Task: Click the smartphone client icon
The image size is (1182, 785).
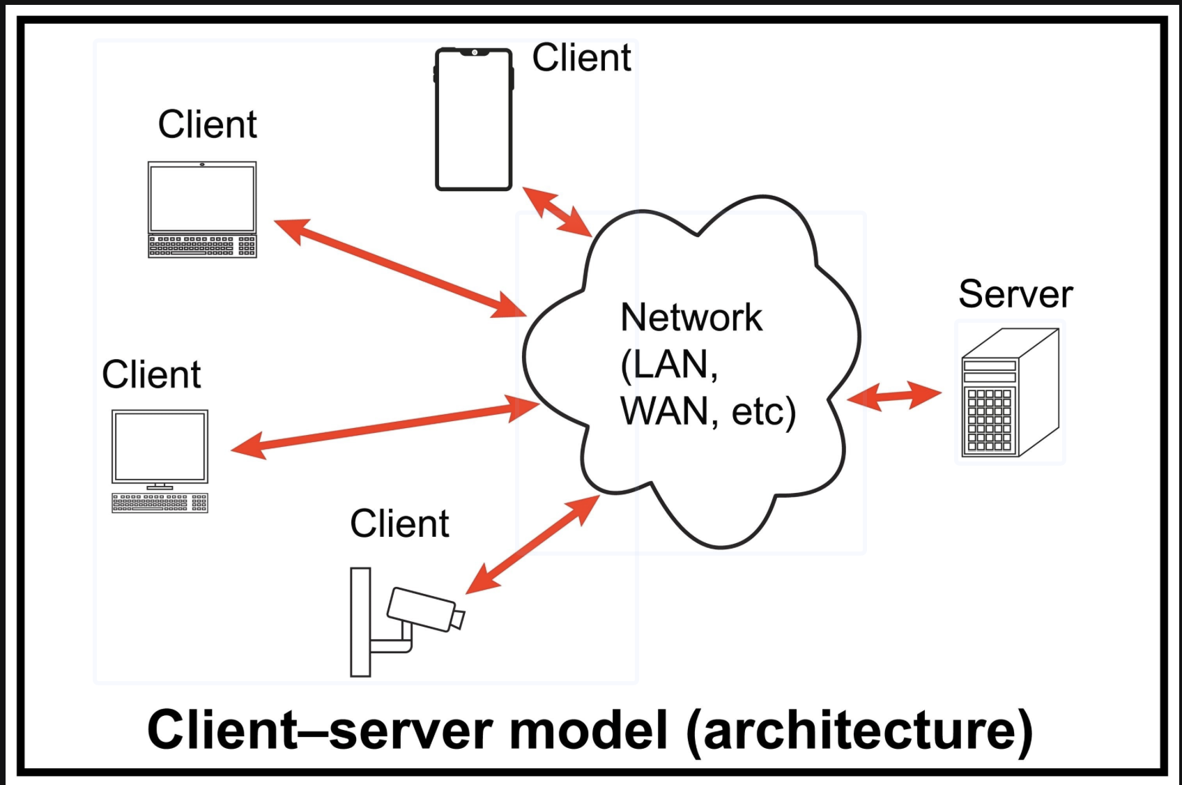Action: pos(474,119)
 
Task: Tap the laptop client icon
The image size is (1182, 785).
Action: pos(202,209)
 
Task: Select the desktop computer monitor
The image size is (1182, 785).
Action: pos(160,445)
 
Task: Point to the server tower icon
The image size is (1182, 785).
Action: pos(1010,393)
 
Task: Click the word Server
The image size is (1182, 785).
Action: pos(1015,294)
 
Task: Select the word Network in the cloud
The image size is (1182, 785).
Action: pos(691,318)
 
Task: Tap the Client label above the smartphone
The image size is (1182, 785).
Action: pos(581,57)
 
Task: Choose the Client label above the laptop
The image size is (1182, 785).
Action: pos(207,124)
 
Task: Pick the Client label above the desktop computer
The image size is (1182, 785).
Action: pos(151,374)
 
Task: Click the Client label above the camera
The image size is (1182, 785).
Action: pos(399,524)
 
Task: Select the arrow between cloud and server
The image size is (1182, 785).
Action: pos(893,396)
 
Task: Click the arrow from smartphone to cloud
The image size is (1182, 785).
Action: pos(557,211)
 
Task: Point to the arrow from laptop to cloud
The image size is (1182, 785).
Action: pos(400,268)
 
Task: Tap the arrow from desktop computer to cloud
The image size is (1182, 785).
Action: pos(385,425)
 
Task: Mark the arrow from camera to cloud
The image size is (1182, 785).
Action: pos(532,544)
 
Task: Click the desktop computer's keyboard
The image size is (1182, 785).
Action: pos(160,503)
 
